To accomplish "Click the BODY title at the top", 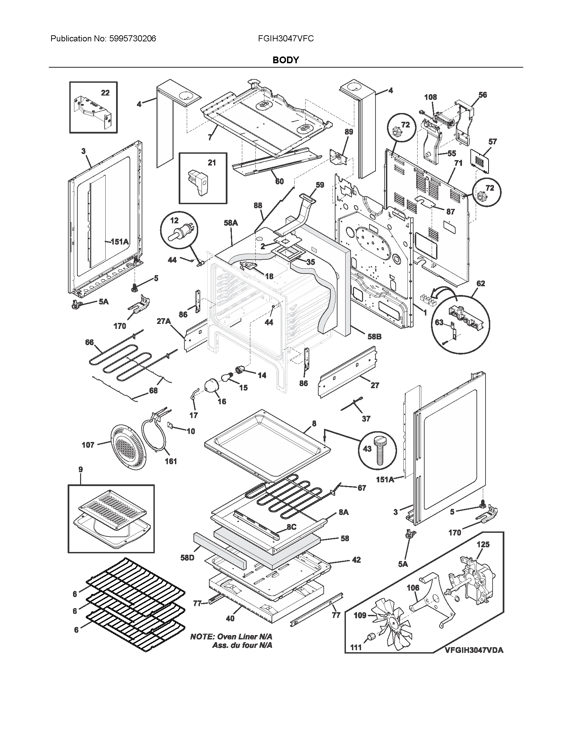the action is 286,60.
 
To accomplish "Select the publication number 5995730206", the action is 133,39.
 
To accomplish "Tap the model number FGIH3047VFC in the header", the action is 286,39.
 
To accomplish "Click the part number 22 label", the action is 105,93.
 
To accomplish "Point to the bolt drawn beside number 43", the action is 381,451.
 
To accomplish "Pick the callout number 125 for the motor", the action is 483,545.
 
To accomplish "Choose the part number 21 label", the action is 211,163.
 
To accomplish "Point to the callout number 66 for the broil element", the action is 89,342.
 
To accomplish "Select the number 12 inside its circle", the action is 174,221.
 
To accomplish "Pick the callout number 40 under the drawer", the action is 230,618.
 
